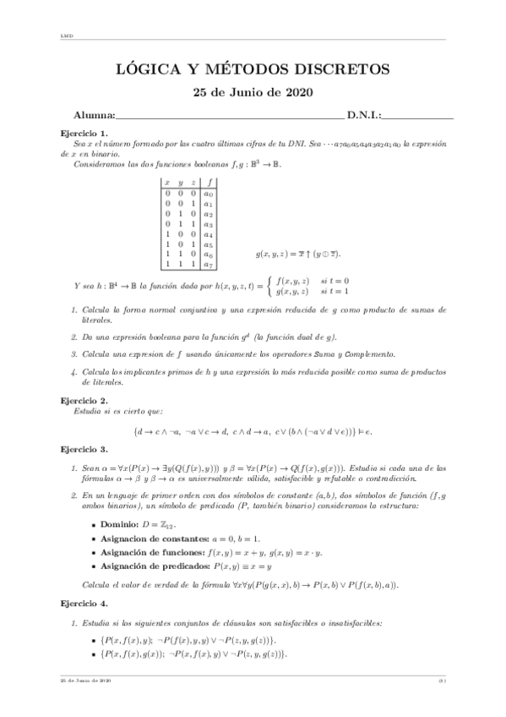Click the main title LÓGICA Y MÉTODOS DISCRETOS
[x=253, y=68]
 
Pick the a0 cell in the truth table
[x=209, y=193]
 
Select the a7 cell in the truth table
[x=209, y=264]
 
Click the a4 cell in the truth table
[x=209, y=233]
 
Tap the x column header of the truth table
[x=168, y=182]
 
